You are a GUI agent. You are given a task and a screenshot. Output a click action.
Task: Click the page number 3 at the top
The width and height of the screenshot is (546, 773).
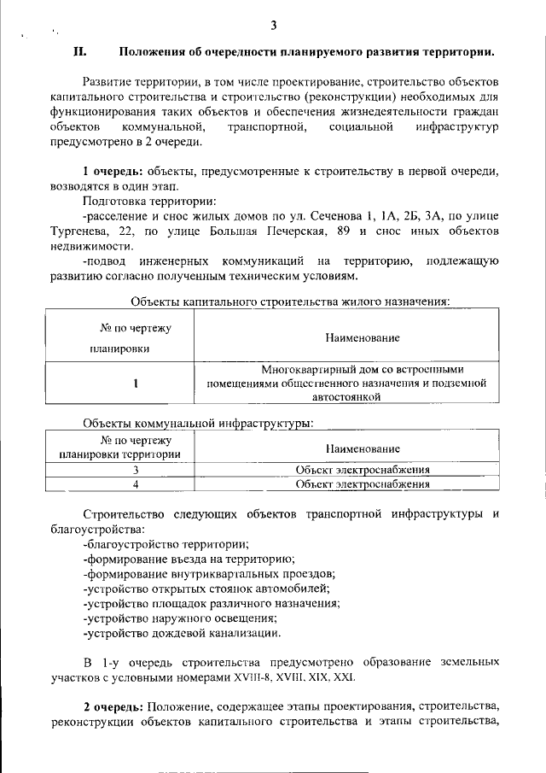(273, 25)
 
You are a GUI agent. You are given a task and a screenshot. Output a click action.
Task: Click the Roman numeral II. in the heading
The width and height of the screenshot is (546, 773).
(79, 51)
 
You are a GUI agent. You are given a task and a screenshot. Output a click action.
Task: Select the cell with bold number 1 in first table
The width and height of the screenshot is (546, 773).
(136, 384)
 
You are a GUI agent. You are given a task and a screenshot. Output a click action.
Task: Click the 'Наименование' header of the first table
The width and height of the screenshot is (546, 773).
(363, 338)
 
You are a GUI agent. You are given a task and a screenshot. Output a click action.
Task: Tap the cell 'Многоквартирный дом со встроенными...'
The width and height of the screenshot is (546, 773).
(363, 384)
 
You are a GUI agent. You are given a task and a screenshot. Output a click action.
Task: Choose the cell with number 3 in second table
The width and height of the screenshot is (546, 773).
(136, 470)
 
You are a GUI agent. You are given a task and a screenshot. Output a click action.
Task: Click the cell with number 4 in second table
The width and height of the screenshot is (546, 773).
(136, 484)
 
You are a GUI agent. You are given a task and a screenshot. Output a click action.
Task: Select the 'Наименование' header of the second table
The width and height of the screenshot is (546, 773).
(363, 448)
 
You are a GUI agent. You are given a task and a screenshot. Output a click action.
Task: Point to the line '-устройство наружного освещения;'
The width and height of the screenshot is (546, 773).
(180, 618)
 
